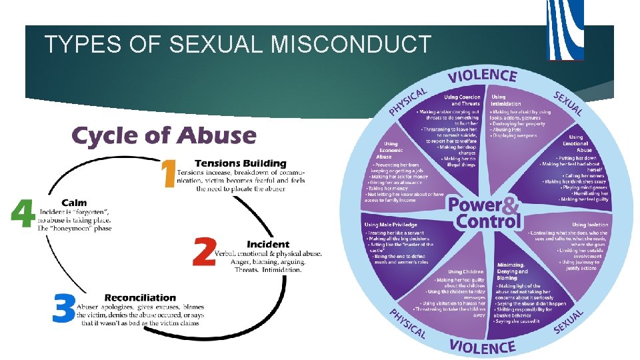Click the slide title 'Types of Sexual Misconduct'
click(238, 45)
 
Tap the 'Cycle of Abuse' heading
click(164, 136)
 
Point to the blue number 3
click(64, 309)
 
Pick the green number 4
click(23, 214)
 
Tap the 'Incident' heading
click(268, 245)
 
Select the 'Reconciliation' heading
click(140, 297)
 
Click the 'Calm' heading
click(74, 203)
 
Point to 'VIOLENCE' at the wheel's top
click(482, 76)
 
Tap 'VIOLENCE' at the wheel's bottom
click(482, 346)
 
